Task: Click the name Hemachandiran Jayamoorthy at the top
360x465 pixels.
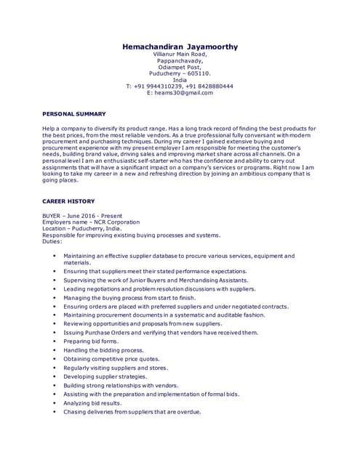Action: [180, 46]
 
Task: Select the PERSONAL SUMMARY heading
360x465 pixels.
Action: [74, 114]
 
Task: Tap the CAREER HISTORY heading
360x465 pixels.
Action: [68, 201]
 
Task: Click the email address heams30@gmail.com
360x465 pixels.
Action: [180, 93]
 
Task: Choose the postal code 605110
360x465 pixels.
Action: [196, 73]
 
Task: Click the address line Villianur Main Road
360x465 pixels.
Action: [180, 54]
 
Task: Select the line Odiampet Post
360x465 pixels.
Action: [180, 67]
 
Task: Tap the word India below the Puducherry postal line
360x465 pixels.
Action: [180, 80]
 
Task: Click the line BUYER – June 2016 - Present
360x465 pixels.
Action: [82, 216]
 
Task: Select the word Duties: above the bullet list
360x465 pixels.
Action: [52, 241]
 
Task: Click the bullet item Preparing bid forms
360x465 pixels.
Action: [90, 341]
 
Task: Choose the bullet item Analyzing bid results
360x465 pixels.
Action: [92, 403]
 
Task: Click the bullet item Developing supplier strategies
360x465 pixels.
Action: [105, 376]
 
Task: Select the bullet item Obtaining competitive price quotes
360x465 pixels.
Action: [111, 359]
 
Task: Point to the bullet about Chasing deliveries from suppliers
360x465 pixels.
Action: [132, 412]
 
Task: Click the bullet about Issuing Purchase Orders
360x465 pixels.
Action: [160, 332]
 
